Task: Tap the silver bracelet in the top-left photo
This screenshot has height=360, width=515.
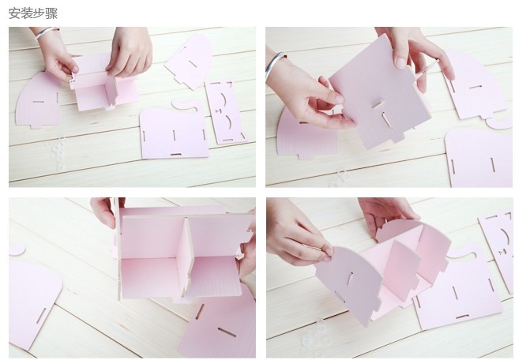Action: (47, 34)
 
